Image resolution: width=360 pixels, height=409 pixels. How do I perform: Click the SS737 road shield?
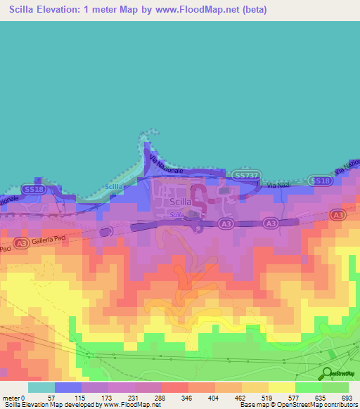[247, 174]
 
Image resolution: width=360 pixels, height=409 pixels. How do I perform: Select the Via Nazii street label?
[279, 186]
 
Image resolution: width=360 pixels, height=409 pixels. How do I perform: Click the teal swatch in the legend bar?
[41, 387]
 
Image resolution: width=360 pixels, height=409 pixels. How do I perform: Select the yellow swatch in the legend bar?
[283, 387]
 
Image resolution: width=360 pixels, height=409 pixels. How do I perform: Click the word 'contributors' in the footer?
[337, 405]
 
